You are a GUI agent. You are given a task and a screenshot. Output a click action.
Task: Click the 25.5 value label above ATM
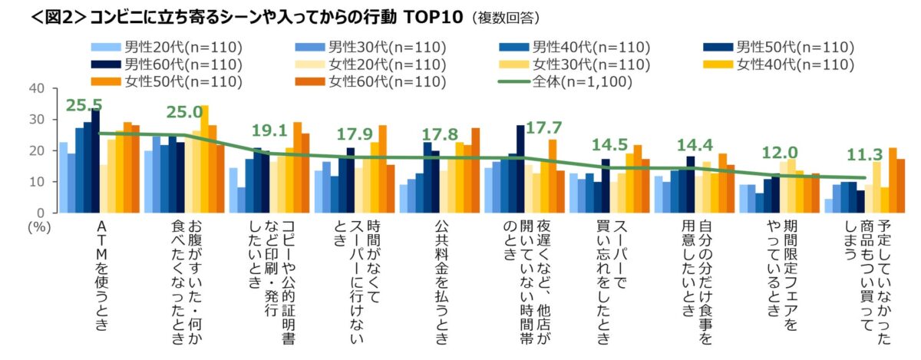[84, 105]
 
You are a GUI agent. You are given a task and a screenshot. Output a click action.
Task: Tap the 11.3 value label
[863, 155]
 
